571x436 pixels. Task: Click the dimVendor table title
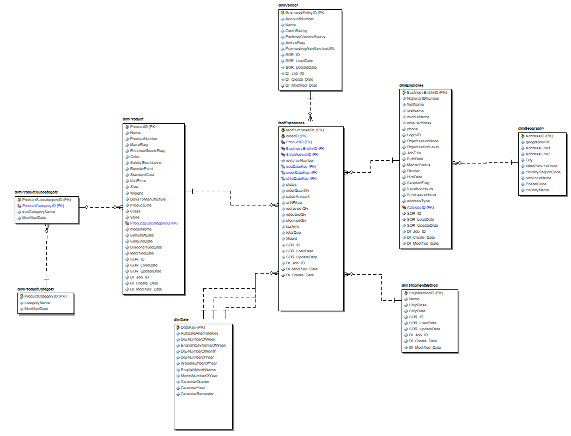tap(288, 5)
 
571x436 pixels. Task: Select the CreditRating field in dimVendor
tap(296, 31)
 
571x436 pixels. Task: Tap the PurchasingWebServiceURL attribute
tap(310, 49)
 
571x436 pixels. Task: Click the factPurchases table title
tap(291, 123)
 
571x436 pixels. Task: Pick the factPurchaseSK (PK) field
tap(305, 130)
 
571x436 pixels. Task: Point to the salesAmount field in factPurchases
tap(297, 197)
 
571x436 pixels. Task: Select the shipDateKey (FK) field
tap(301, 179)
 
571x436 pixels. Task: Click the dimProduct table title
tap(133, 119)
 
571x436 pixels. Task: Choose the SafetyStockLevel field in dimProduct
tap(145, 163)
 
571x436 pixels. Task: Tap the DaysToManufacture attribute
tap(148, 199)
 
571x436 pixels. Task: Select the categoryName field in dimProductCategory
tap(37, 302)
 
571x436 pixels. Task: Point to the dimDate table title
tap(181, 320)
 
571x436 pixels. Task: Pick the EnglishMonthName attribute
tap(198, 370)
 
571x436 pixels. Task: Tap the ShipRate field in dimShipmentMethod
tap(417, 311)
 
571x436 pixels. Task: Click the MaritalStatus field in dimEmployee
tap(418, 165)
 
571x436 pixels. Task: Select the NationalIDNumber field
tap(423, 99)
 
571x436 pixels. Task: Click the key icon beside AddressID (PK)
tap(521, 136)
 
